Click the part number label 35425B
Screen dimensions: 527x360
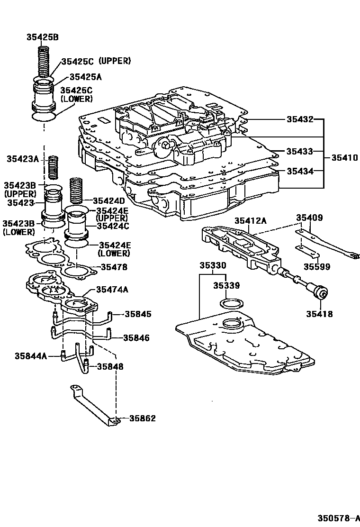[42, 37]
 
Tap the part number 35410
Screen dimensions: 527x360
[344, 157]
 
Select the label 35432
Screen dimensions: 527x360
[299, 119]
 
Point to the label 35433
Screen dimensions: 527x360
[299, 152]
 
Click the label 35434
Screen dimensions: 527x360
[299, 171]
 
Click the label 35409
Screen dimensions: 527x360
[309, 218]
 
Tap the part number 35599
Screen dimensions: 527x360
[317, 266]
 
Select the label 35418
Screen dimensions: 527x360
[319, 314]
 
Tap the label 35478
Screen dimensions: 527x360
[113, 267]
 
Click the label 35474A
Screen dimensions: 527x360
[112, 290]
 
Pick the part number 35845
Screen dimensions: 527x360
[138, 314]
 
